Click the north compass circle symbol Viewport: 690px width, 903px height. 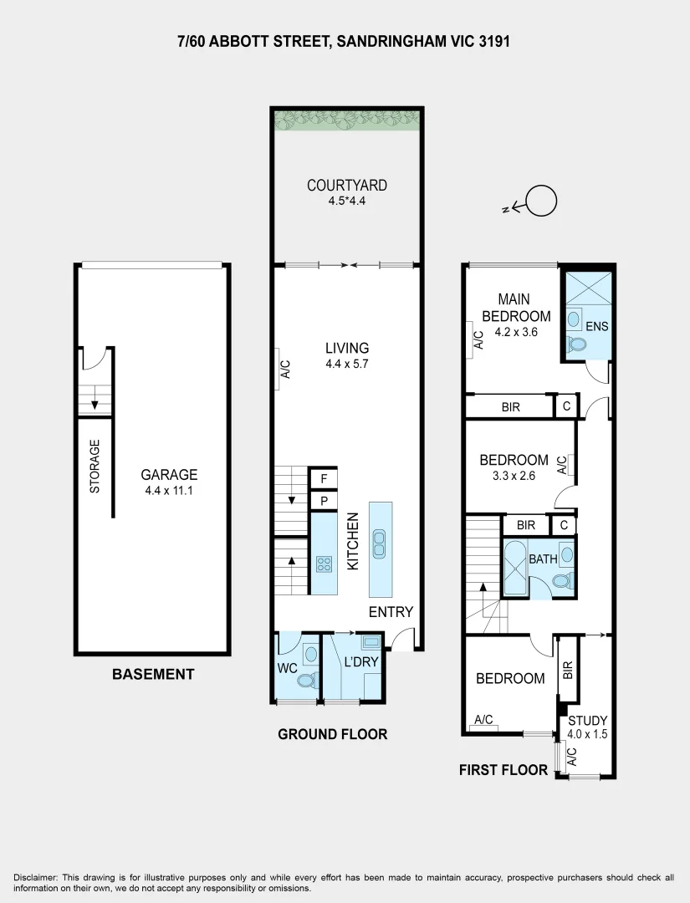pyautogui.click(x=542, y=201)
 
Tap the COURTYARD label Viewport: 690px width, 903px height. pyautogui.click(x=347, y=186)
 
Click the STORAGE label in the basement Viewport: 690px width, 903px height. pyautogui.click(x=95, y=466)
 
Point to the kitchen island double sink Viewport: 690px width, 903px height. pyautogui.click(x=380, y=544)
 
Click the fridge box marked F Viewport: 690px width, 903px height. pyautogui.click(x=323, y=479)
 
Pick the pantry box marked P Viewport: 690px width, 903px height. pyautogui.click(x=323, y=501)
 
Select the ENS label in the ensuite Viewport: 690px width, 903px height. pyautogui.click(x=596, y=326)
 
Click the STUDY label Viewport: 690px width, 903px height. pyautogui.click(x=587, y=721)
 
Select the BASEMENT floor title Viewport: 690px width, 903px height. pyautogui.click(x=153, y=674)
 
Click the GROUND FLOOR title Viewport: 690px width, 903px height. pyautogui.click(x=332, y=734)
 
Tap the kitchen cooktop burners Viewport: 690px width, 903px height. pyautogui.click(x=324, y=564)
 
